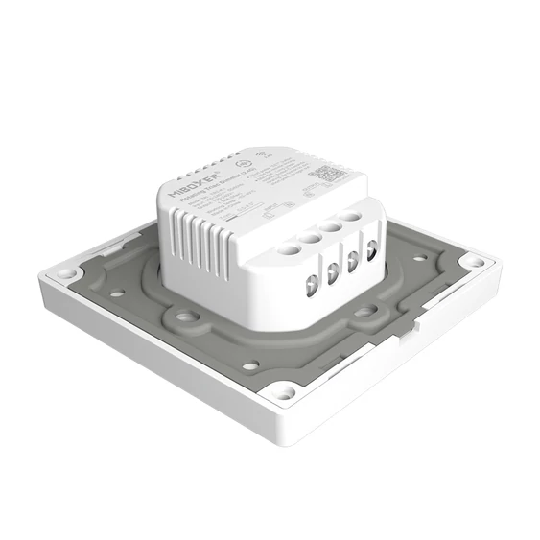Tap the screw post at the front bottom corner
click(283, 390)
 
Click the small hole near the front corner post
click(249, 365)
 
